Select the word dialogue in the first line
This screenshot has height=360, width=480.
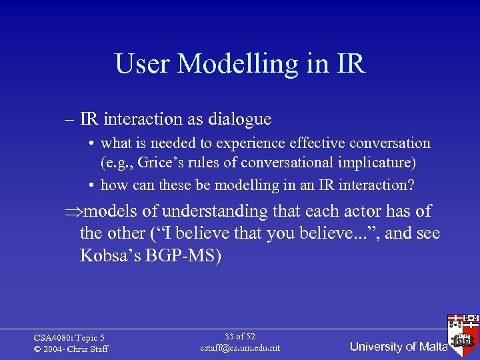pos(239,119)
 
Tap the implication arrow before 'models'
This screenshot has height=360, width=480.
pos(73,212)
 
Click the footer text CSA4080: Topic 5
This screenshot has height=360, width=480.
pos(69,338)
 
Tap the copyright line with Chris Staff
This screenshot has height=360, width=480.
pos(71,349)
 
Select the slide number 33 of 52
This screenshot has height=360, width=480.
pos(240,337)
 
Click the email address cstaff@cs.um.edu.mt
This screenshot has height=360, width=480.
pos(240,348)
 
